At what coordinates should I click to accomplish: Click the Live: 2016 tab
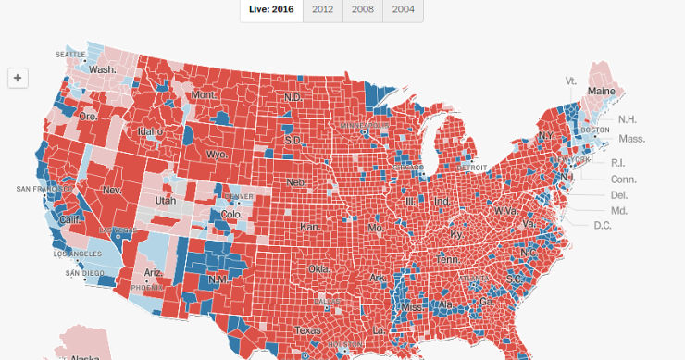click(270, 9)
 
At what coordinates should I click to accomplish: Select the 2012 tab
click(323, 9)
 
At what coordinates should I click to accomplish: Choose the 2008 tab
click(363, 9)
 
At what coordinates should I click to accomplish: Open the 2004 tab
click(403, 9)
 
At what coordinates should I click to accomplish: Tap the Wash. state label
click(102, 69)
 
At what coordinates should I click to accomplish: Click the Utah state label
click(165, 200)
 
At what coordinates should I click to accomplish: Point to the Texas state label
click(307, 329)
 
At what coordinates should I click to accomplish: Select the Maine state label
click(602, 92)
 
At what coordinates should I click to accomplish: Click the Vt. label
click(571, 81)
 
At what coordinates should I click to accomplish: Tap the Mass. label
click(631, 139)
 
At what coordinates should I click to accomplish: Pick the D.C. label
click(602, 225)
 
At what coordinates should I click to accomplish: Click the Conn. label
click(623, 179)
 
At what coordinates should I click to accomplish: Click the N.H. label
click(627, 119)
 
